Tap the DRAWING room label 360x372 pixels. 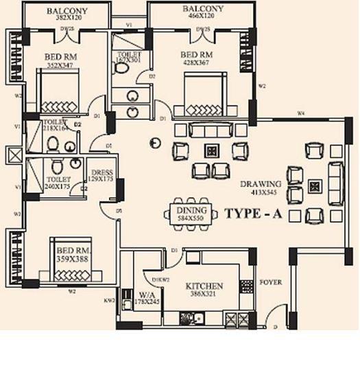pyautogui.click(x=260, y=184)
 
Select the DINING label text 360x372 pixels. pyautogui.click(x=191, y=211)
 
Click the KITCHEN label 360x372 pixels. pyautogui.click(x=204, y=285)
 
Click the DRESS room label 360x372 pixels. pyautogui.click(x=101, y=173)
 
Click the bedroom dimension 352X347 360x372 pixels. pyautogui.click(x=61, y=63)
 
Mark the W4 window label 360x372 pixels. pyautogui.click(x=300, y=112)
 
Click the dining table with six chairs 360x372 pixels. pyautogui.click(x=191, y=212)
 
